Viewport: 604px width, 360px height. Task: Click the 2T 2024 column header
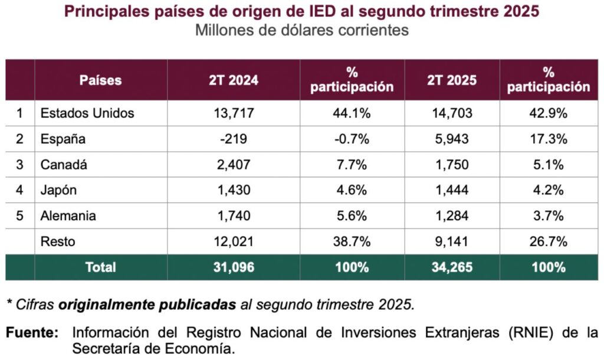point(234,80)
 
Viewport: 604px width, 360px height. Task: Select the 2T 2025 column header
point(452,80)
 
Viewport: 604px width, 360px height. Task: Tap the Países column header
point(101,80)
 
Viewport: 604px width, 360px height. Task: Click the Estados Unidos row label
point(87,113)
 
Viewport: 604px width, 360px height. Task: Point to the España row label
point(63,139)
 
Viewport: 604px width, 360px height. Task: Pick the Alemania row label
point(69,216)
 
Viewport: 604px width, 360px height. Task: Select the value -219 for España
point(234,139)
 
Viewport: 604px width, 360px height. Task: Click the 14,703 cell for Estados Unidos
point(452,113)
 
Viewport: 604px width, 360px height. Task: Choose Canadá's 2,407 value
point(234,165)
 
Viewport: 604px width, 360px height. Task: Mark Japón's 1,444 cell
point(452,190)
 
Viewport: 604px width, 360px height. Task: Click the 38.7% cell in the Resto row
point(352,241)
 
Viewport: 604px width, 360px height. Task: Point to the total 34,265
point(452,267)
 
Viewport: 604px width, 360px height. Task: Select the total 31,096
point(234,267)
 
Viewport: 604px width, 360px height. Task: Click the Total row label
point(101,267)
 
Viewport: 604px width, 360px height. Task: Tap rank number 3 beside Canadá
point(19,165)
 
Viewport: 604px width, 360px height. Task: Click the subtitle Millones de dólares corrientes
point(302,30)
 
